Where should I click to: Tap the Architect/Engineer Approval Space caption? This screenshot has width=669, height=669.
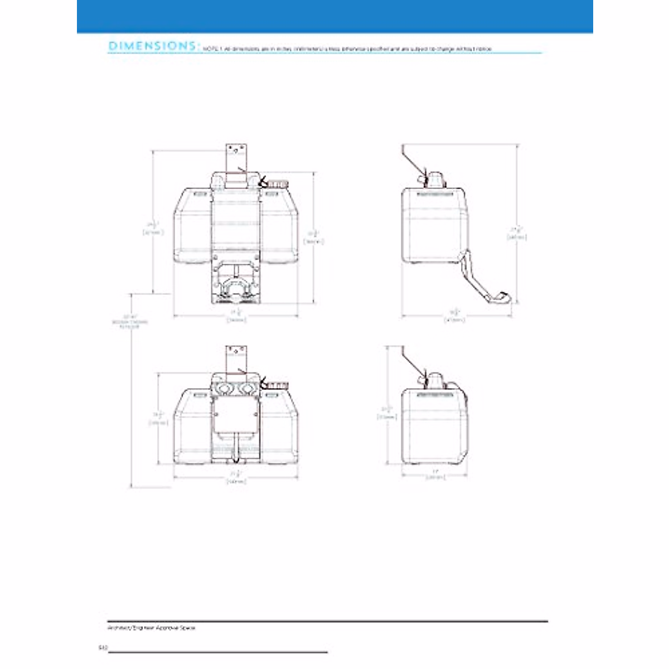click(151, 628)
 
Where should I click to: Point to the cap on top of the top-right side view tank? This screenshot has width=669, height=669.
click(435, 180)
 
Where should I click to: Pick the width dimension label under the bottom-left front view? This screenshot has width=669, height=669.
click(236, 479)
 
